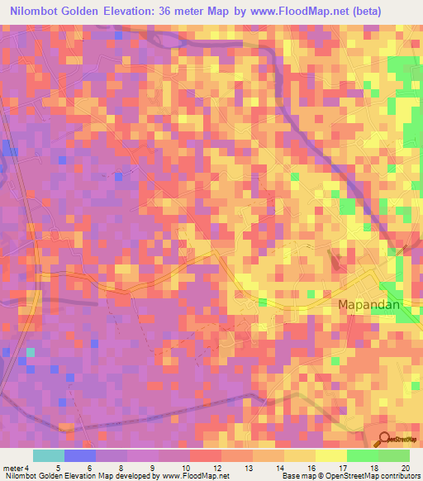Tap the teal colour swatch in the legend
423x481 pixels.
click(x=49, y=455)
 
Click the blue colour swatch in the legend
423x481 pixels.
click(x=80, y=455)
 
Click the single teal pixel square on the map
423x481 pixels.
click(x=31, y=353)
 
